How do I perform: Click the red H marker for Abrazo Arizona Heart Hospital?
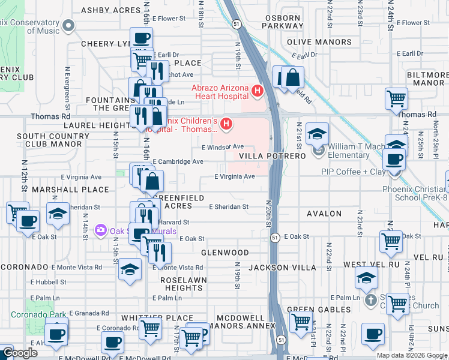[258, 91]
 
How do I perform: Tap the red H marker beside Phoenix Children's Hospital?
[226, 124]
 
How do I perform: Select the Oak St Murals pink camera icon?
[100, 230]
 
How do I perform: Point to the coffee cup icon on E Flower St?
[141, 38]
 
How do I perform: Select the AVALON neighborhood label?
[324, 214]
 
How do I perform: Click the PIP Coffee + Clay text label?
[353, 172]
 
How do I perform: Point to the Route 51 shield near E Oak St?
[275, 237]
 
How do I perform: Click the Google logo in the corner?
[20, 353]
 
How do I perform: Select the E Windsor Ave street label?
[223, 147]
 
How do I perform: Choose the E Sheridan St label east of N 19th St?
[229, 207]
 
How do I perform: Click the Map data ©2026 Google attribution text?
[412, 355]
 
